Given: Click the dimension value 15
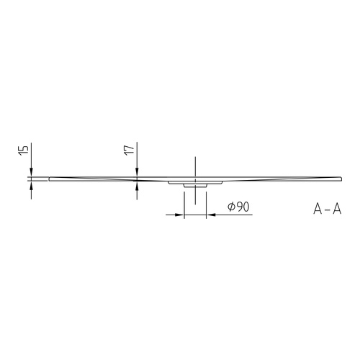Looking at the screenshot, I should point(24,150).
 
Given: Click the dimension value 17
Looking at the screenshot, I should point(129,150).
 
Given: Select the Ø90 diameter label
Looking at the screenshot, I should point(238,207).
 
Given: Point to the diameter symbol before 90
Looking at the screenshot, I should point(230,207).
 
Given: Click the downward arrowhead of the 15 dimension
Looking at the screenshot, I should point(32,172).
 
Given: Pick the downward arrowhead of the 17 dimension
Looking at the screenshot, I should point(137,172).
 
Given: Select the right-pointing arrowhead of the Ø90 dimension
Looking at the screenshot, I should point(180,215).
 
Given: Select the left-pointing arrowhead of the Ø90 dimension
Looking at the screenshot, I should point(210,215).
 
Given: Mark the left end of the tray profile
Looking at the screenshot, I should point(49,178).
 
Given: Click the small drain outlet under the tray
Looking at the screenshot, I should point(194,185).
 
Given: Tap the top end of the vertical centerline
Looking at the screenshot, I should point(194,158).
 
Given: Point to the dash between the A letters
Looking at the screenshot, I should point(327,210).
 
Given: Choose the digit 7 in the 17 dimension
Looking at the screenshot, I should point(129,147).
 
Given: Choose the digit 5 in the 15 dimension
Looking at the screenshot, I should point(24,147).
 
